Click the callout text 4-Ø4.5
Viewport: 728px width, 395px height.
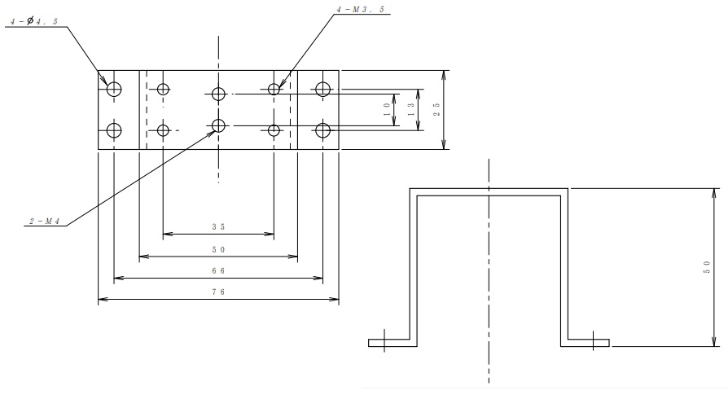[34, 21]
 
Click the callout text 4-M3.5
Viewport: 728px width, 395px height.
[361, 9]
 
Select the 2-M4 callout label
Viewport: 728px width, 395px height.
[45, 222]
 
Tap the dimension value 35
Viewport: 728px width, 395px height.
[218, 227]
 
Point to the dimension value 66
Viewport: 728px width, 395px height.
[218, 270]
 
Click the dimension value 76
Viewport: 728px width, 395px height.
[218, 292]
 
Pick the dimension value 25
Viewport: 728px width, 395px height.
[436, 110]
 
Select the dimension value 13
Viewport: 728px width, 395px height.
[411, 110]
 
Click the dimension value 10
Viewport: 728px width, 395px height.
[387, 110]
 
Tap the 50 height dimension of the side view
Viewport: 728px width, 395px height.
[707, 267]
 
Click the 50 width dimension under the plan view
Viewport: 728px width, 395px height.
[218, 250]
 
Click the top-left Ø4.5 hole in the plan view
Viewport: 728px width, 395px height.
[114, 89]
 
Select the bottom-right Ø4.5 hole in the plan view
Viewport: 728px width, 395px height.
[322, 130]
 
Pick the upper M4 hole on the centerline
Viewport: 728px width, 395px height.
[218, 94]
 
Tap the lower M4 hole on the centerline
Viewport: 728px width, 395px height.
[218, 125]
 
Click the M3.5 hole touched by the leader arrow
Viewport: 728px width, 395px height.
[274, 89]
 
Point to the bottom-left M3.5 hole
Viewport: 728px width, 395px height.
[163, 130]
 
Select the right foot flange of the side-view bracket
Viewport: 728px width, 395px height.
[585, 343]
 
